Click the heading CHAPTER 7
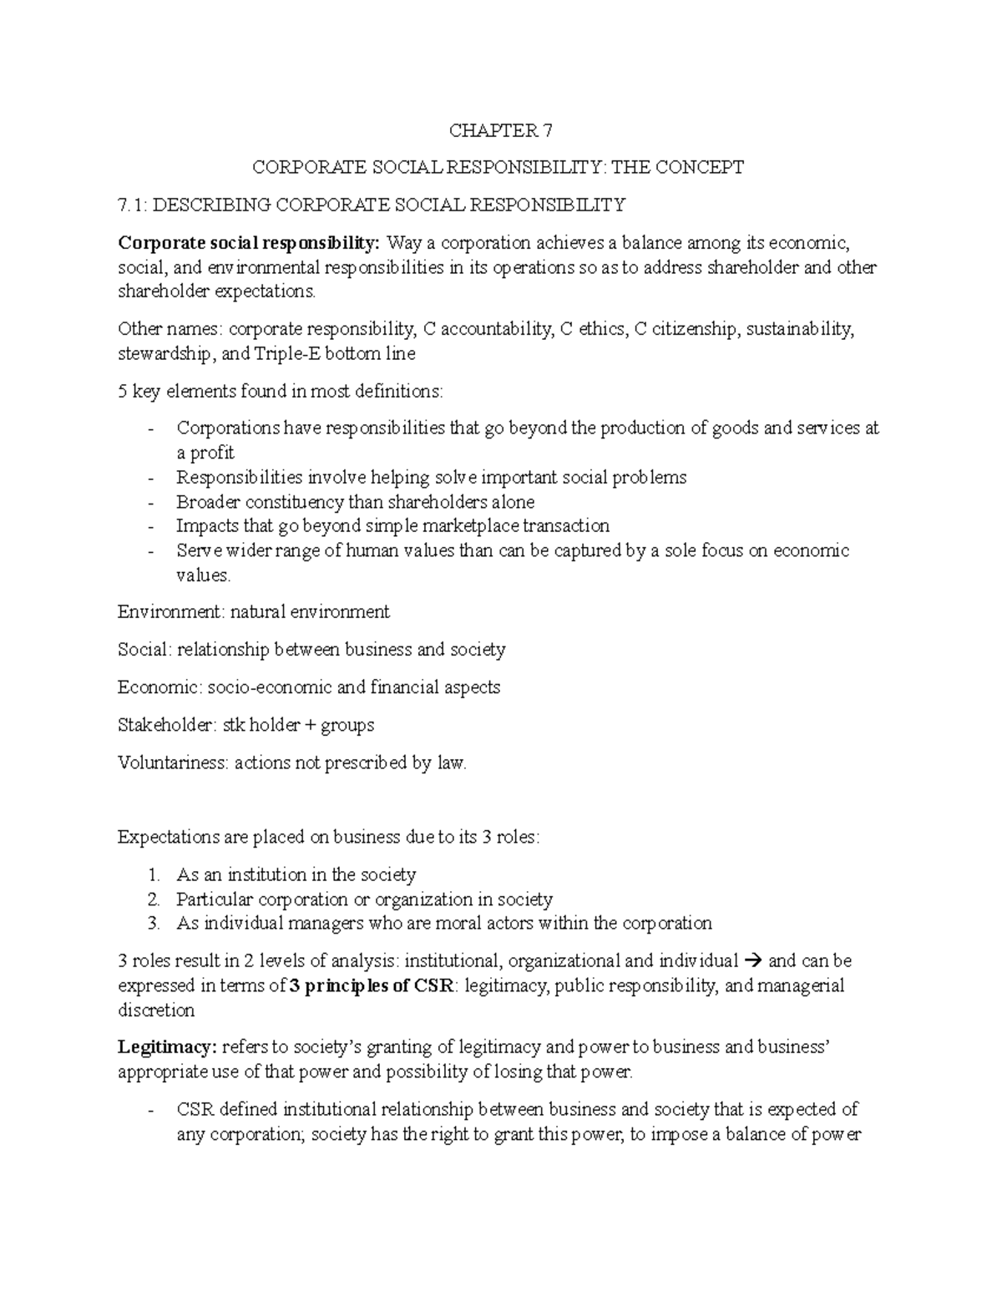pyautogui.click(x=500, y=130)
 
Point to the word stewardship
pyautogui.click(x=164, y=353)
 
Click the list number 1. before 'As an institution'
pyautogui.click(x=152, y=875)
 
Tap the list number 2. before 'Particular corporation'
pyautogui.click(x=152, y=899)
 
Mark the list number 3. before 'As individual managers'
pyautogui.click(x=152, y=924)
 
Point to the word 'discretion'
pyautogui.click(x=156, y=1011)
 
